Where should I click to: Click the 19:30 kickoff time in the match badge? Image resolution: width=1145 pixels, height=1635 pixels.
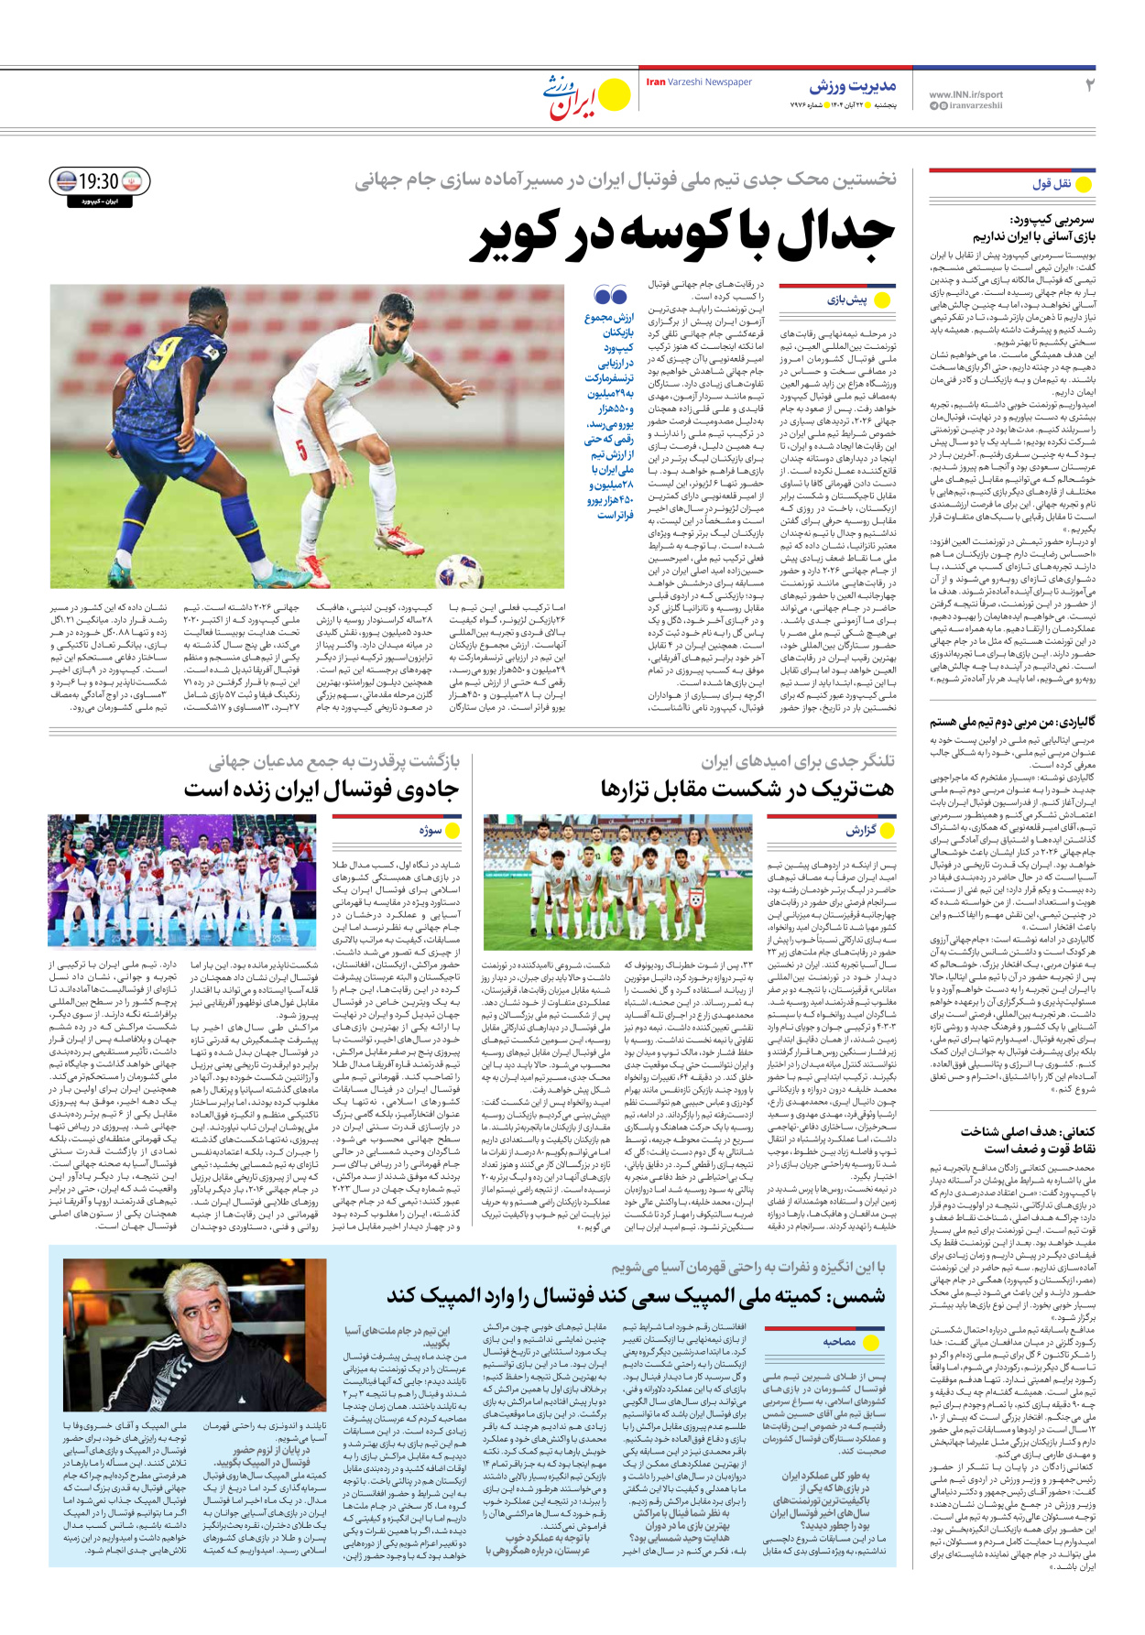(99, 181)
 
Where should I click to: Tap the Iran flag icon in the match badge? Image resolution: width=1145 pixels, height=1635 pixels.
(134, 181)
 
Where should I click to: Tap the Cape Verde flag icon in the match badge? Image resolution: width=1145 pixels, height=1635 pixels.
(66, 181)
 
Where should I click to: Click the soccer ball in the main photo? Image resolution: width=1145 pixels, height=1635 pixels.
(459, 572)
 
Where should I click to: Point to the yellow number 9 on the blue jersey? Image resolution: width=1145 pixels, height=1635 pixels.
(168, 353)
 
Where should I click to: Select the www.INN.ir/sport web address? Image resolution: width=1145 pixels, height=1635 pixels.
(965, 94)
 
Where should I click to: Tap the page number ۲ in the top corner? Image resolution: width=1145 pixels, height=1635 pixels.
(1089, 86)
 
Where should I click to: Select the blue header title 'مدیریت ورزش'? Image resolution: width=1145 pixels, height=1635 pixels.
(852, 87)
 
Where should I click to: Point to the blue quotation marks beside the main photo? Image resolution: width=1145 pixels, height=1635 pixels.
(610, 296)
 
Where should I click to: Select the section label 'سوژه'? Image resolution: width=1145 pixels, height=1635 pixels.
(431, 830)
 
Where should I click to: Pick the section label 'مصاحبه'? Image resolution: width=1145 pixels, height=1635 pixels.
(839, 1342)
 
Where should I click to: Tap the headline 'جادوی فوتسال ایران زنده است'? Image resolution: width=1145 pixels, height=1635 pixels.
(321, 789)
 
